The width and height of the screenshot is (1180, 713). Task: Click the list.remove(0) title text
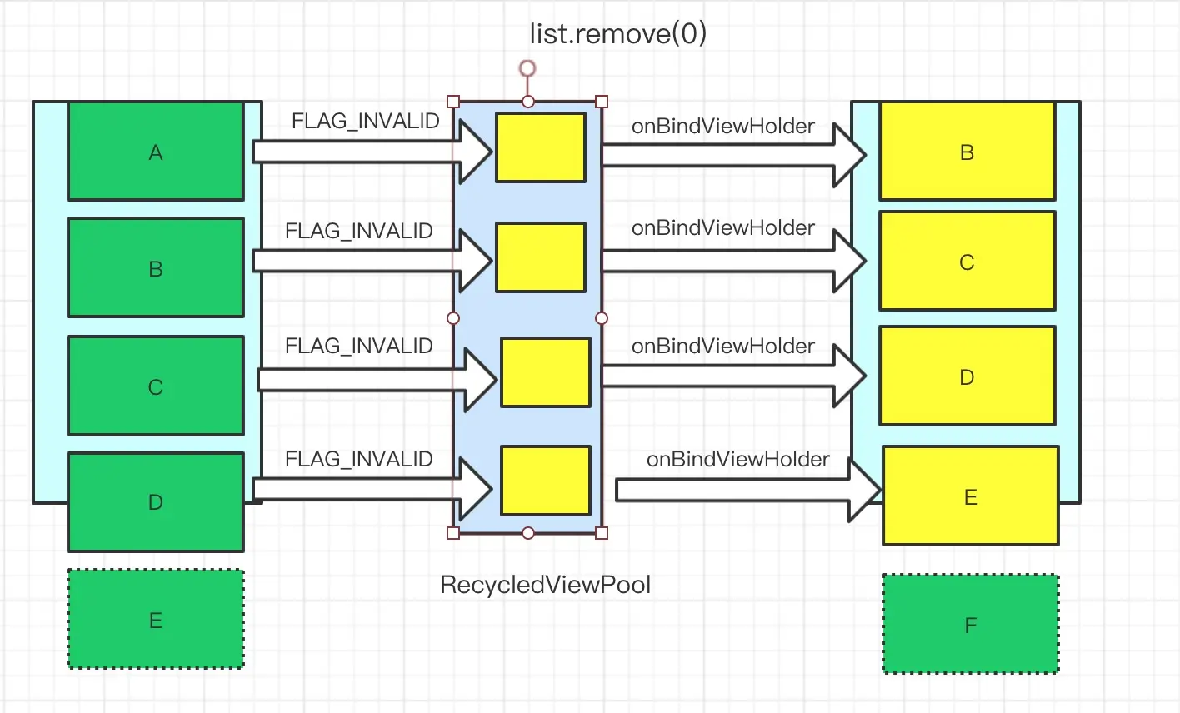click(617, 33)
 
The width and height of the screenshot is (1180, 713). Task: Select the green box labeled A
click(156, 152)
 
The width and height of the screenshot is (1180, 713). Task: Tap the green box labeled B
click(156, 268)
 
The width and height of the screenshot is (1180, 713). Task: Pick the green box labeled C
click(156, 386)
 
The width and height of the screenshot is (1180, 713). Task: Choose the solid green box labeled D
click(156, 502)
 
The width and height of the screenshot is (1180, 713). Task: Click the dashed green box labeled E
click(156, 620)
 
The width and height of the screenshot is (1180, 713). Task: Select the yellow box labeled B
click(967, 152)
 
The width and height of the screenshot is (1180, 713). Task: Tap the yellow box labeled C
click(967, 262)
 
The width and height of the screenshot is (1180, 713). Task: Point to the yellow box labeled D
click(967, 376)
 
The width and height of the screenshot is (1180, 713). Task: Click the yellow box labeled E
click(970, 496)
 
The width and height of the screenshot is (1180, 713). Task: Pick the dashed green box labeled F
click(970, 625)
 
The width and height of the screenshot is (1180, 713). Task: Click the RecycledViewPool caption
click(545, 585)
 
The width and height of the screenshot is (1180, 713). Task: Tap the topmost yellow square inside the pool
click(541, 147)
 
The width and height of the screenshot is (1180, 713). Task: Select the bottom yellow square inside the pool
click(545, 481)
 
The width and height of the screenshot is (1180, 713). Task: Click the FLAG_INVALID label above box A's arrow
click(365, 122)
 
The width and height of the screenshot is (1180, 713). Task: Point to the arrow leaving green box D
click(371, 489)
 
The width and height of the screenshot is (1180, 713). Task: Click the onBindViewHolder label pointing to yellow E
click(737, 460)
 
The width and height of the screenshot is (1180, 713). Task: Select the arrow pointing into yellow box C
click(733, 261)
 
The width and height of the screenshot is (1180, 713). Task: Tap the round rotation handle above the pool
click(527, 68)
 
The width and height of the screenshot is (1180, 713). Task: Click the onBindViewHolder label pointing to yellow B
click(722, 127)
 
